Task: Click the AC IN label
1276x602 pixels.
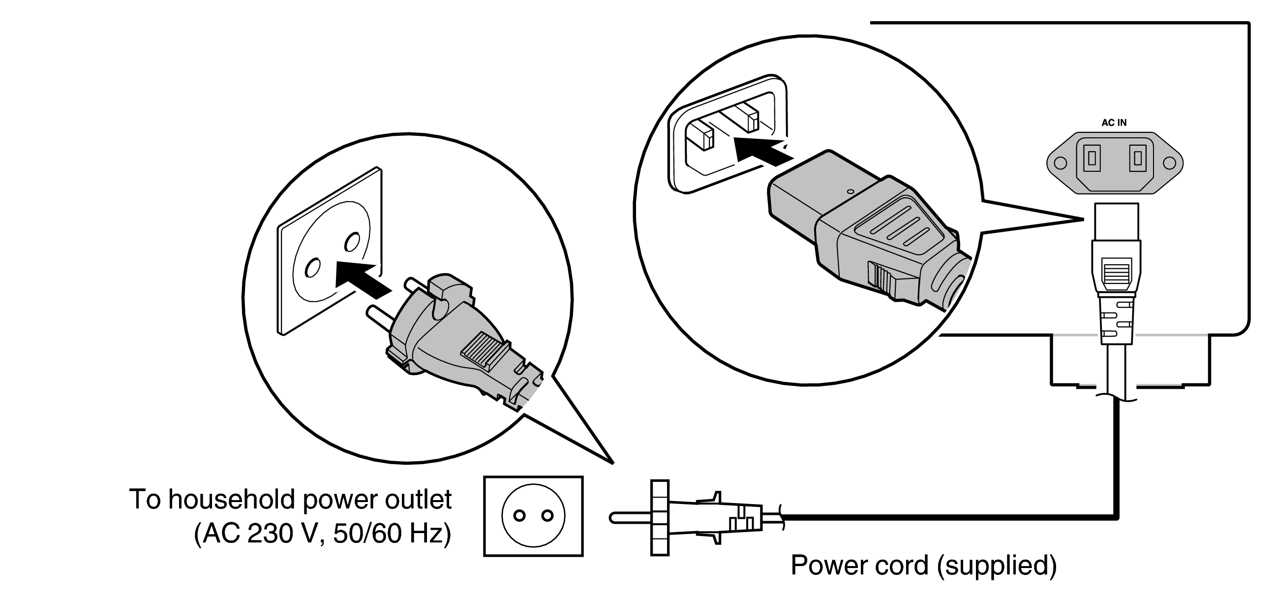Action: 1114,123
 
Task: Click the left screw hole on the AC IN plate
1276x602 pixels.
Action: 1060,163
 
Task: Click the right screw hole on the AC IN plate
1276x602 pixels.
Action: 1169,163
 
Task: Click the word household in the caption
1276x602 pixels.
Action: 233,500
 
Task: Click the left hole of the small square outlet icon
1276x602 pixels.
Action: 519,516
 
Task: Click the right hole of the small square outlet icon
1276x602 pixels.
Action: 547,516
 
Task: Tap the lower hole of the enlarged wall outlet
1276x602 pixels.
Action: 312,268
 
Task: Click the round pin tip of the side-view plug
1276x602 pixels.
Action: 613,518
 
